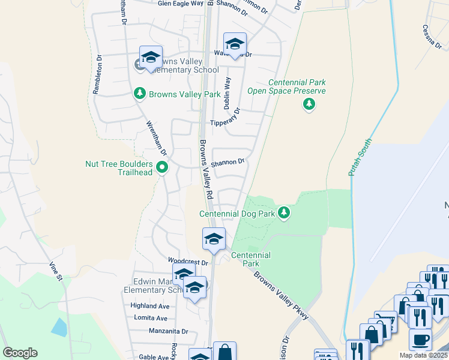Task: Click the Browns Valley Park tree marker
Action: [x=140, y=94]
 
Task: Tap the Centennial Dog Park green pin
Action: [x=285, y=213]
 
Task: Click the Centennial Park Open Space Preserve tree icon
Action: [x=309, y=105]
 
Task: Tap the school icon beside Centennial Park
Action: [x=214, y=240]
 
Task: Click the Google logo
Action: [x=20, y=353]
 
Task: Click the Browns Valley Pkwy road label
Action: [x=281, y=296]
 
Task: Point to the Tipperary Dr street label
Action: [x=225, y=118]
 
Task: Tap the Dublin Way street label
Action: [x=228, y=92]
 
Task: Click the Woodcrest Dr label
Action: [x=188, y=262]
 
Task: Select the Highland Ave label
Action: [x=150, y=306]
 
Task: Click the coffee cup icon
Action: [x=420, y=340]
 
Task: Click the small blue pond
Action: [x=59, y=327]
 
